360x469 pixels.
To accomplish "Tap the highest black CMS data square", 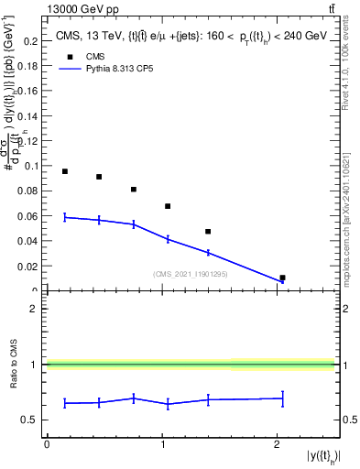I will [65, 171].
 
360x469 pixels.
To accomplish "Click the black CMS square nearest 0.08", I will [134, 190].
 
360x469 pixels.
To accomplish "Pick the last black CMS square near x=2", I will [282, 278].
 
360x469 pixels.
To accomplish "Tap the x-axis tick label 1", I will [162, 444].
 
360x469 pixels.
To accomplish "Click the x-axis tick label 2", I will [277, 444].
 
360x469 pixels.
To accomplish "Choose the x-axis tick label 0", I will [47, 444].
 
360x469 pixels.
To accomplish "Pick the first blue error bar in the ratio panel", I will [65, 403].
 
